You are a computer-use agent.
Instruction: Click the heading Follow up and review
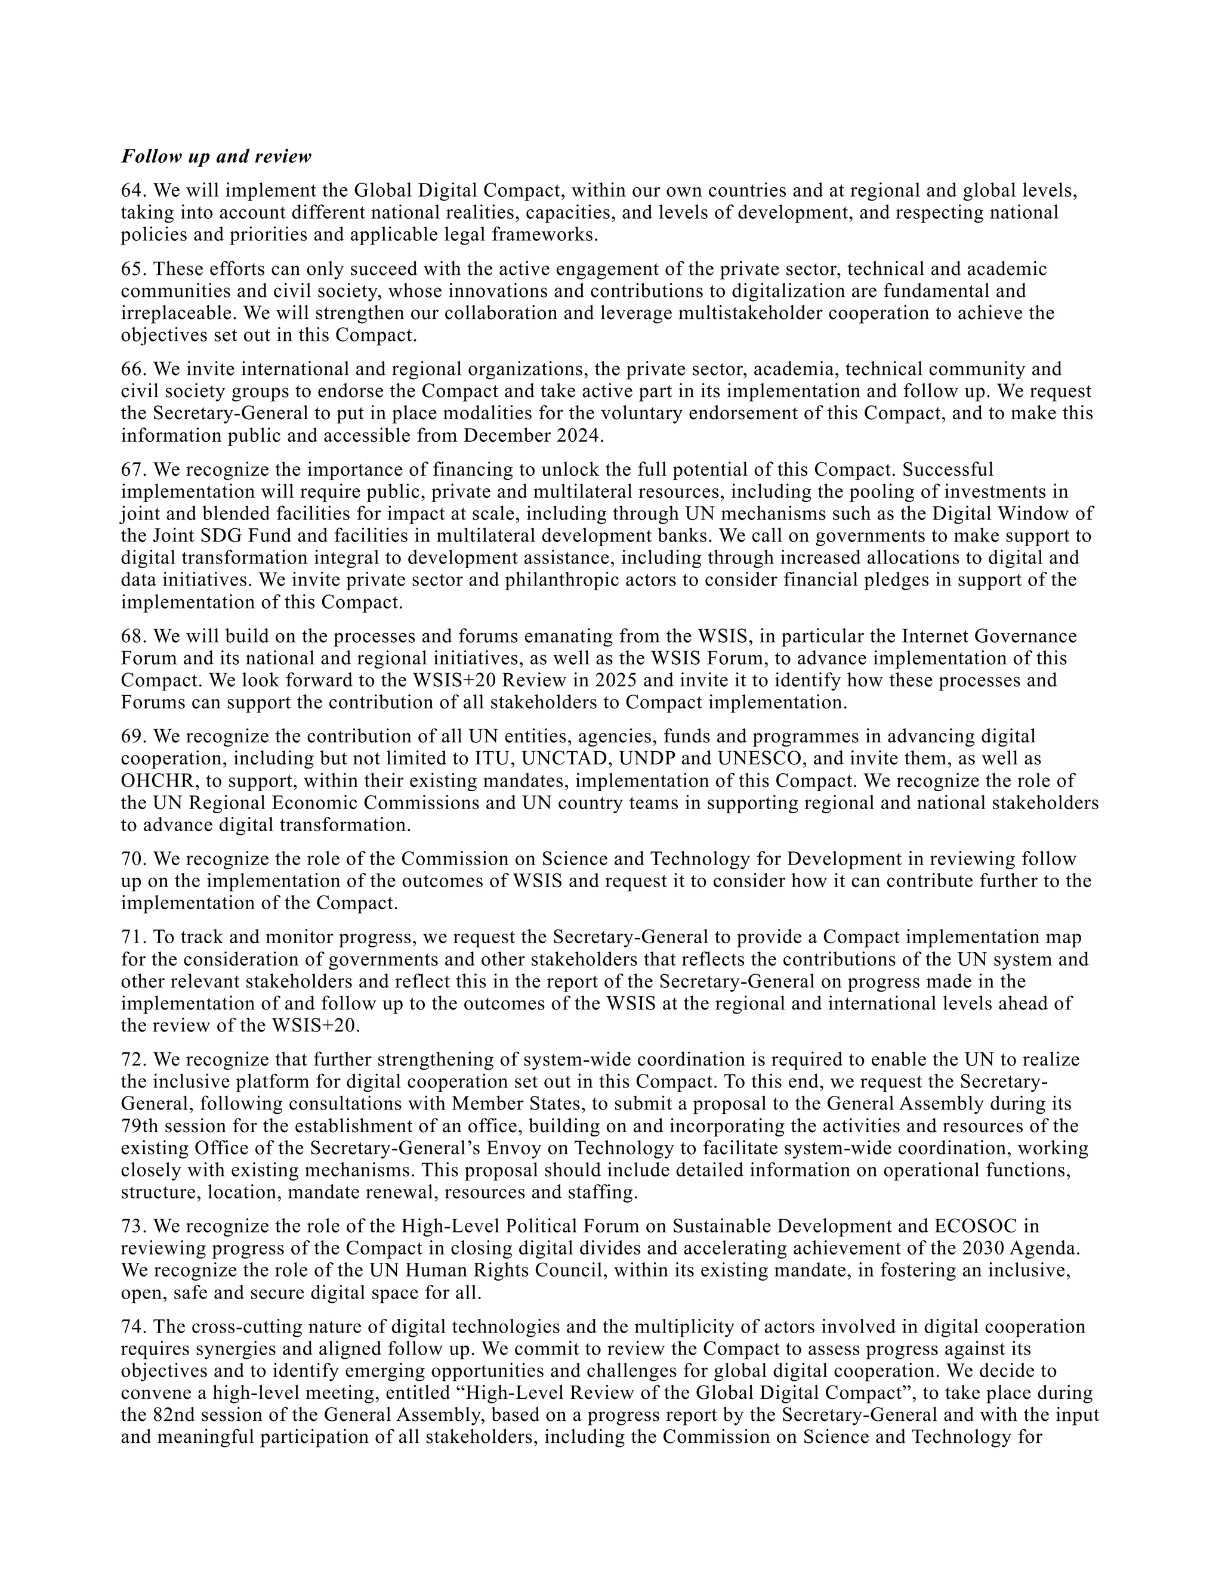click(216, 156)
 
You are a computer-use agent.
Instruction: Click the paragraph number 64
click(133, 190)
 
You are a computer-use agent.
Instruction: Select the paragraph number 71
click(133, 938)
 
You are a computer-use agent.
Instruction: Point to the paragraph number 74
click(133, 1328)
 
